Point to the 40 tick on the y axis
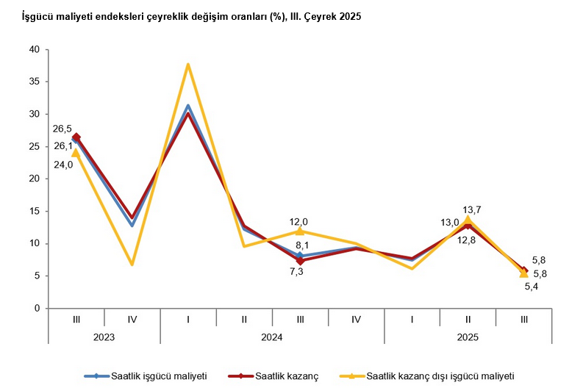pyautogui.click(x=34, y=49)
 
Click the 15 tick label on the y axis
pyautogui.click(x=34, y=211)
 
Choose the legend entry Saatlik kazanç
pyautogui.click(x=286, y=376)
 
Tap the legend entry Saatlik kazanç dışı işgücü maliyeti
pyautogui.click(x=440, y=376)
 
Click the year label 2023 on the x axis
pyautogui.click(x=104, y=336)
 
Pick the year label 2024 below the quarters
pyautogui.click(x=272, y=336)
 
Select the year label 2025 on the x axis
pyautogui.click(x=468, y=336)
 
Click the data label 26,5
pyautogui.click(x=62, y=129)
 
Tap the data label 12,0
pyautogui.click(x=298, y=221)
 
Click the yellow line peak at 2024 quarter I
pyautogui.click(x=188, y=65)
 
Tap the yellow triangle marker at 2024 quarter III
pyautogui.click(x=300, y=231)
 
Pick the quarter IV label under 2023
pyautogui.click(x=132, y=319)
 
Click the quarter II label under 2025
pyautogui.click(x=468, y=319)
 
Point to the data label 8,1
pyautogui.click(x=300, y=245)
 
